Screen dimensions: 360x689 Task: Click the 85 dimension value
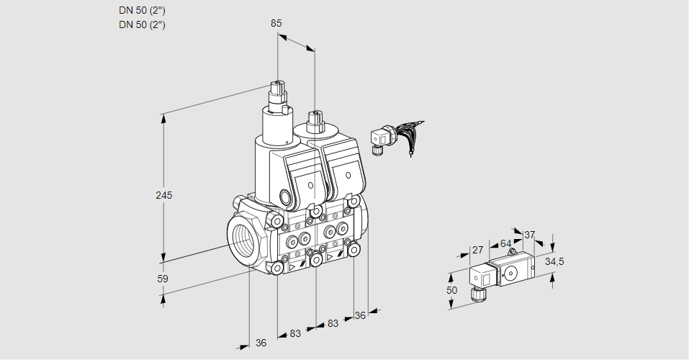(x=276, y=23)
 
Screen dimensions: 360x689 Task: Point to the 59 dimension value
(x=163, y=279)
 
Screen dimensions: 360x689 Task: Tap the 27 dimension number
(x=477, y=250)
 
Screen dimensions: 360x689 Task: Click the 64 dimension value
(x=505, y=243)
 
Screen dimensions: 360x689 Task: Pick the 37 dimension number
(x=530, y=235)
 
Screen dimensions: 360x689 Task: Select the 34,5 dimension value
(x=554, y=261)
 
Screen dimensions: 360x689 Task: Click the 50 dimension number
(x=451, y=290)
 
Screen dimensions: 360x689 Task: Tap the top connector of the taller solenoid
(x=279, y=92)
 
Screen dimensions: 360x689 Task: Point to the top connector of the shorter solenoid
(x=313, y=120)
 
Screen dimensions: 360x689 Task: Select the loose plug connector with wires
(x=380, y=138)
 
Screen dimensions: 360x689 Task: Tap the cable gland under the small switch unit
(x=477, y=293)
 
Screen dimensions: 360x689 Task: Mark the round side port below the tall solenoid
(x=285, y=197)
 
